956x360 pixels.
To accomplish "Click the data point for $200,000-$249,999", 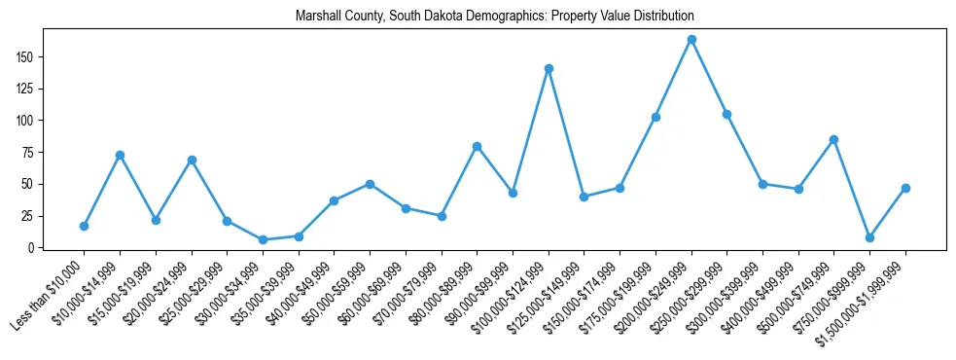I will coord(691,40).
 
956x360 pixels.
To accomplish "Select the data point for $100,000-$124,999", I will coord(549,68).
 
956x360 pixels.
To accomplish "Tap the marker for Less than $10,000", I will coord(84,226).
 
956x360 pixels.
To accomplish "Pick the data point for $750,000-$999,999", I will coord(869,237).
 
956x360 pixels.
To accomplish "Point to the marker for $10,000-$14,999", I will coord(120,155).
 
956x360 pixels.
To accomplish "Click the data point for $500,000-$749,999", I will coord(833,139).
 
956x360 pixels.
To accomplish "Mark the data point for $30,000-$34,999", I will coord(263,239).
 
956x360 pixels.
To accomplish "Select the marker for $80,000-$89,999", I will coord(477,146).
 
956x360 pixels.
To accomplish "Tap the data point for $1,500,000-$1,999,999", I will coord(905,188).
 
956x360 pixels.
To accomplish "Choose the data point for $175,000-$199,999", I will coord(655,117).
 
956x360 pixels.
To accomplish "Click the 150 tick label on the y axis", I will coord(25,57).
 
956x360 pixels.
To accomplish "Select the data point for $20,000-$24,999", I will coord(192,160).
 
